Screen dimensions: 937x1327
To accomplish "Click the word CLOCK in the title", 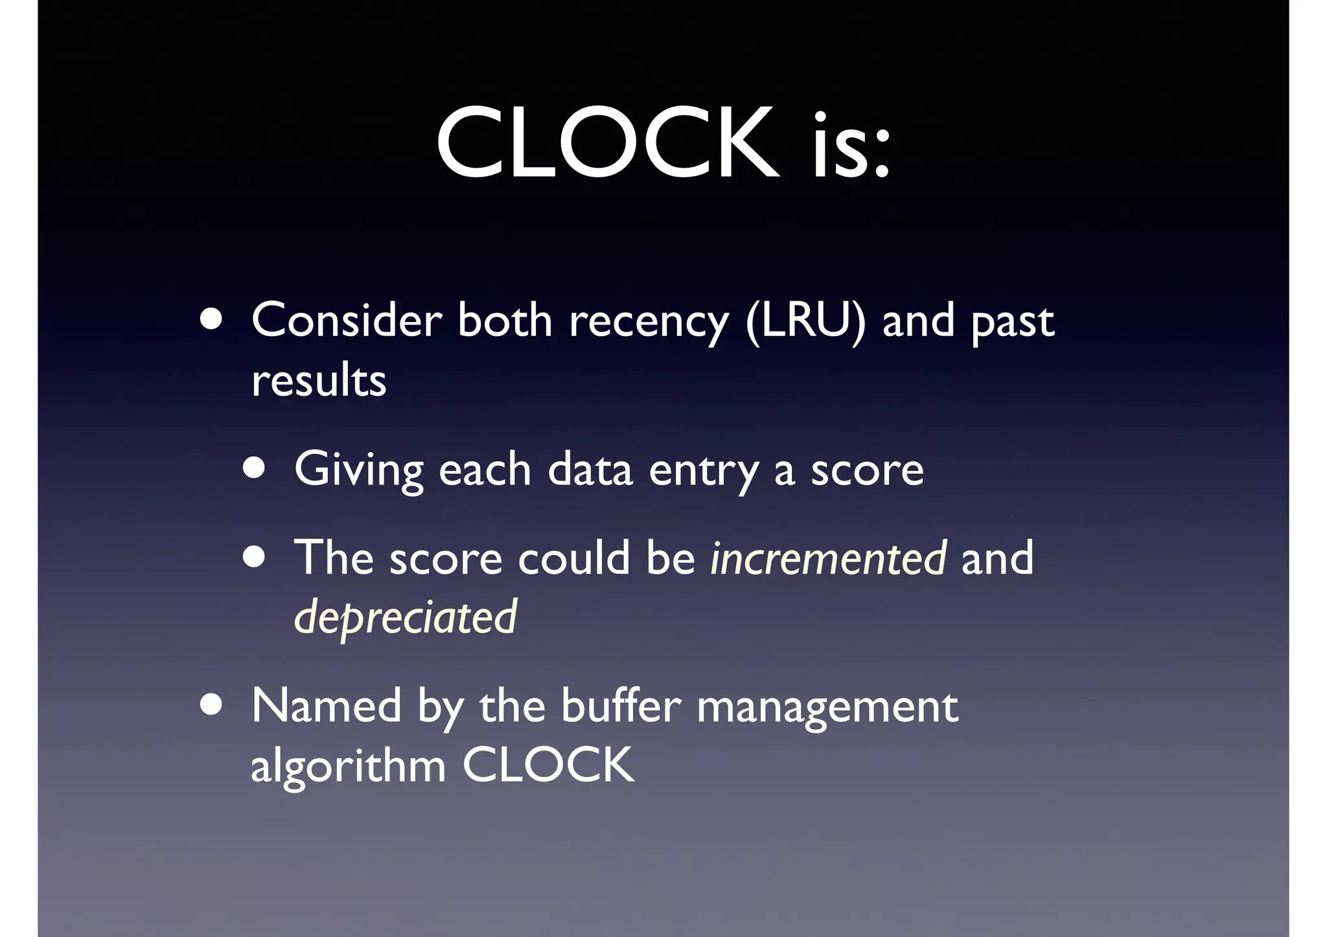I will pos(607,143).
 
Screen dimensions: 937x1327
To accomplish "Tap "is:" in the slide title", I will pos(851,146).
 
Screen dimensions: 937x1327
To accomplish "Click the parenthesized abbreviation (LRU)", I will pos(805,321).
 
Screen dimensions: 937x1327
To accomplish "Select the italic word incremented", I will pos(828,558).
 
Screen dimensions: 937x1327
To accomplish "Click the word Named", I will pos(326,706).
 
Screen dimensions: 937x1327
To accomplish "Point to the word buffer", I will pos(621,706).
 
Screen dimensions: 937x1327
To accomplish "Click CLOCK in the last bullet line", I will pos(548,765).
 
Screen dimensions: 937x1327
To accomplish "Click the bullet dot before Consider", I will pos(211,319).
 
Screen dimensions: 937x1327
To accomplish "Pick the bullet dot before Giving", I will pos(254,468).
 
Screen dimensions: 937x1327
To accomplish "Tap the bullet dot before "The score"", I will pos(254,556).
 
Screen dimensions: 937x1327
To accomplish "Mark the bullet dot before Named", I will pos(211,705).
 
